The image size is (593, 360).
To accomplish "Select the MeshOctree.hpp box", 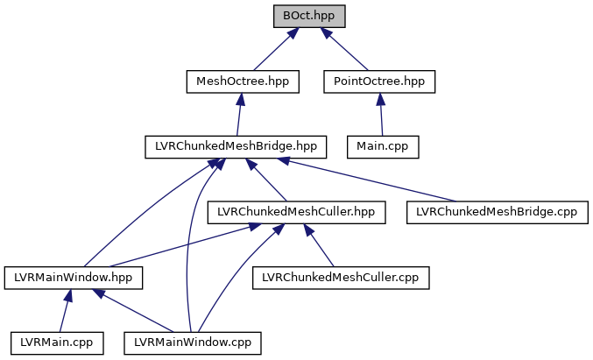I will click(x=243, y=81).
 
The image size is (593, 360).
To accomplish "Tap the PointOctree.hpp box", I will click(x=379, y=81).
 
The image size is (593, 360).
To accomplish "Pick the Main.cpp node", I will click(x=384, y=146).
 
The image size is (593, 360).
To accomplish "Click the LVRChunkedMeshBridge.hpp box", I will click(x=236, y=146).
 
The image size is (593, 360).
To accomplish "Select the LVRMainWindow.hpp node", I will click(x=74, y=277).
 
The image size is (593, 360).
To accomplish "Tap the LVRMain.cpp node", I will click(x=57, y=342).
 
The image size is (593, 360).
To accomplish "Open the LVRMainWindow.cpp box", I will click(x=193, y=342).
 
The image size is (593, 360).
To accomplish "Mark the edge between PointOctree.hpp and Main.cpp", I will click(x=381, y=115).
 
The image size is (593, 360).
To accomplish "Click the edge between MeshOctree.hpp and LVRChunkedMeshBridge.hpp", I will click(x=240, y=115).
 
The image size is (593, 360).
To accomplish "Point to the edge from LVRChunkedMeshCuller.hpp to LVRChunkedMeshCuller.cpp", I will click(x=321, y=244).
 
